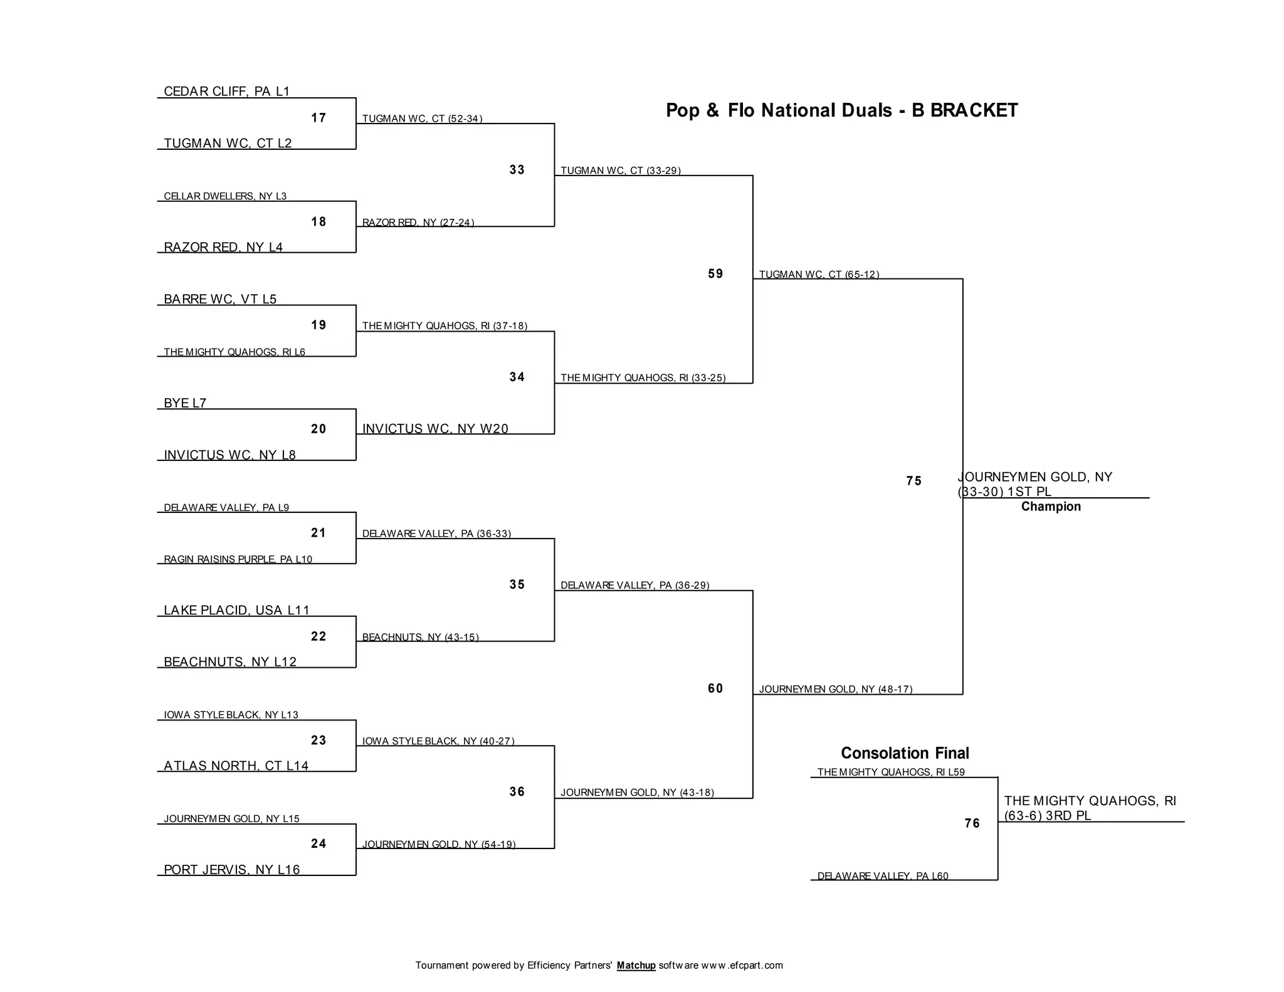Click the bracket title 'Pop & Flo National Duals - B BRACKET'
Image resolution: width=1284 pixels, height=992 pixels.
point(841,110)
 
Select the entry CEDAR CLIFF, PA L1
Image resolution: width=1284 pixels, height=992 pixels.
point(226,92)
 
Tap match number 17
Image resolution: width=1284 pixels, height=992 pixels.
point(318,118)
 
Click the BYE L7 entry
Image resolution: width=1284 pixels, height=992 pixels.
point(185,403)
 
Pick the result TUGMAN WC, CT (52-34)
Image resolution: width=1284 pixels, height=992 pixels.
point(422,119)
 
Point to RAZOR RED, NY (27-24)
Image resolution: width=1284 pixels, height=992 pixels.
point(418,223)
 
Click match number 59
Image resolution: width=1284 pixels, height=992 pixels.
point(715,274)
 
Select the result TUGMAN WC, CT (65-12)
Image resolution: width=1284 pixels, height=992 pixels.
point(819,275)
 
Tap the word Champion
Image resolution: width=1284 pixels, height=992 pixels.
point(1051,507)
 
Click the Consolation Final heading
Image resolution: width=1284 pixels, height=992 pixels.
point(905,753)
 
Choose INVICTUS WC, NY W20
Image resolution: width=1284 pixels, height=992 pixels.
point(435,429)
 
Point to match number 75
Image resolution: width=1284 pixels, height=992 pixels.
point(914,481)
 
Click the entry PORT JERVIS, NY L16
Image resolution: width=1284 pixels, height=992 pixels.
point(231,870)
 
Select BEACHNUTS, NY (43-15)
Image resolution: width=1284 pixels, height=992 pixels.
point(420,638)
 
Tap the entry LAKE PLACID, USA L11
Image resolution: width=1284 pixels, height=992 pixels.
point(236,610)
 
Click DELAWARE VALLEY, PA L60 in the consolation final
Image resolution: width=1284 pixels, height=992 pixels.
point(883,876)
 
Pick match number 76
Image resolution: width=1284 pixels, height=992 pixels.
point(972,823)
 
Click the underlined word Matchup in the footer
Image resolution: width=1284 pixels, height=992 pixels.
point(636,966)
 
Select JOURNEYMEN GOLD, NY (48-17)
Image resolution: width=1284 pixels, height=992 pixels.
point(835,689)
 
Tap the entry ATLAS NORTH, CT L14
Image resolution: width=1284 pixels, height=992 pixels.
point(236,766)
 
